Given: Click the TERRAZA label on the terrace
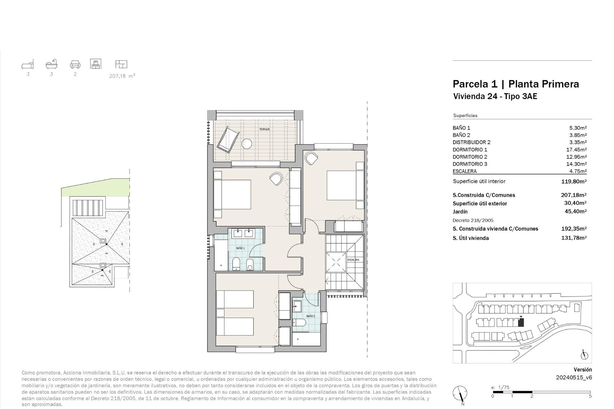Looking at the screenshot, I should click(x=264, y=129).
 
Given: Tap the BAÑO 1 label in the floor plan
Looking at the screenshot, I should click(x=240, y=248).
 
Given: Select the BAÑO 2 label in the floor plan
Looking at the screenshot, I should click(x=311, y=316).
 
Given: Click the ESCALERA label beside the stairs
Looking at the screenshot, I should click(x=353, y=260).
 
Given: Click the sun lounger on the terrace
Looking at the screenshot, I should click(x=228, y=140).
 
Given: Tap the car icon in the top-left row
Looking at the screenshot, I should click(x=75, y=65).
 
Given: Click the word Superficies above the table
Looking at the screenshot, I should click(x=465, y=116).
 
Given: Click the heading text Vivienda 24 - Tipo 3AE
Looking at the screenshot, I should click(x=495, y=96).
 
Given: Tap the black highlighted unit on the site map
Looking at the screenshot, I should click(x=521, y=323).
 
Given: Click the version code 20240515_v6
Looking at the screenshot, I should click(x=574, y=377).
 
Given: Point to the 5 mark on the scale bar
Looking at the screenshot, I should click(x=590, y=396).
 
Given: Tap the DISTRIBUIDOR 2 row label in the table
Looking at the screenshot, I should click(x=471, y=142).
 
